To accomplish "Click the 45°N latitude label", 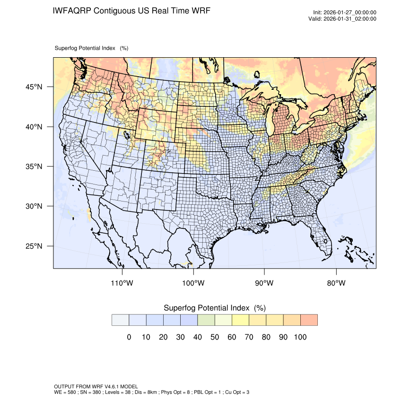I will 34,87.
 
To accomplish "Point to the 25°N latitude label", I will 34,246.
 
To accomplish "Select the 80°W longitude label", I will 336,283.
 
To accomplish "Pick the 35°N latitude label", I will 34,166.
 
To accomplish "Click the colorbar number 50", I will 215,337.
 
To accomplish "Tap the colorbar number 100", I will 300,337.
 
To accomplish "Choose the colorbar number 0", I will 129,337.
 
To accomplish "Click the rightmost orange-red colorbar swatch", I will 309,320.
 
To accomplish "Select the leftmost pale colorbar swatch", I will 120,320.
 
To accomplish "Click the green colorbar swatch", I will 206,320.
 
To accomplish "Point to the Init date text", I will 345,13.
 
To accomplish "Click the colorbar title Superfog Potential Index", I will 207,308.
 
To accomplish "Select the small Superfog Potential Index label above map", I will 85,48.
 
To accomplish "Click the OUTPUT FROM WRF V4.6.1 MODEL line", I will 96,387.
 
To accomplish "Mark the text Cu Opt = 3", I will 236,393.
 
